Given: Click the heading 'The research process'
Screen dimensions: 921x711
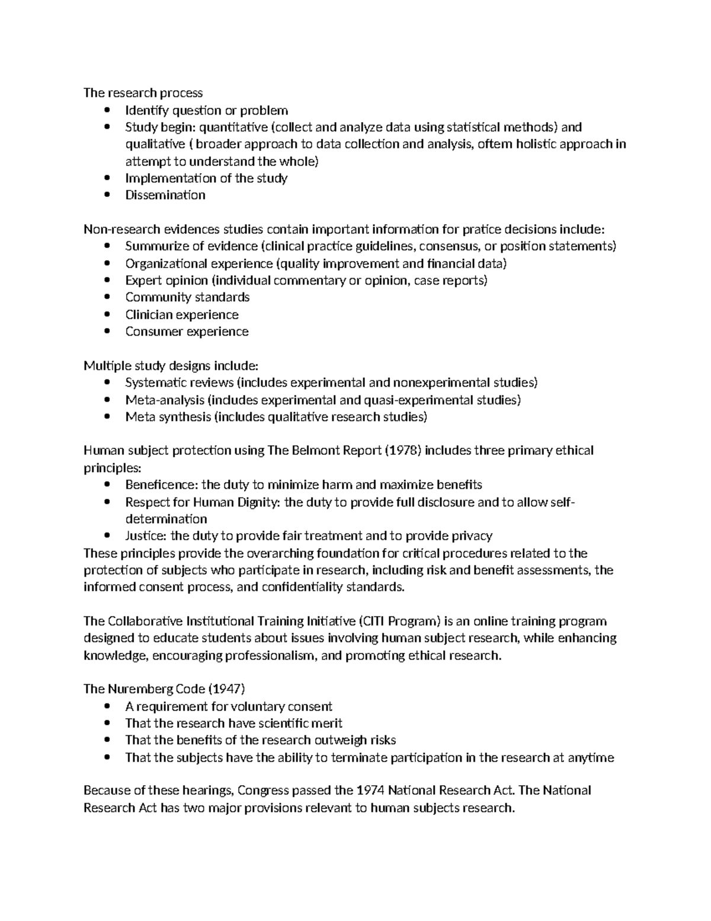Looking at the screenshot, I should (143, 93).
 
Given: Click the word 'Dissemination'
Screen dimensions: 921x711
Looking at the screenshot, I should (165, 195).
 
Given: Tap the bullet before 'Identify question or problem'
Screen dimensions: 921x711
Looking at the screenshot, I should (107, 110).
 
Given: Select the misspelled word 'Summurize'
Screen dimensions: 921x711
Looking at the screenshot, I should (150, 246).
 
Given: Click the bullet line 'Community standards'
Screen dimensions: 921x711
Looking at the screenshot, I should (187, 297).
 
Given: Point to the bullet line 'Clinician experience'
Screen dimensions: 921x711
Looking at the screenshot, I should (181, 314).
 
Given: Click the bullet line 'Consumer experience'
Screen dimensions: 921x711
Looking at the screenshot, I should (187, 332).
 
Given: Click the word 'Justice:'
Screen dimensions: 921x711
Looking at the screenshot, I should (146, 536).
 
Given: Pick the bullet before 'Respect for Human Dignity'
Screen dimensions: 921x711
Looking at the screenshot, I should (107, 502).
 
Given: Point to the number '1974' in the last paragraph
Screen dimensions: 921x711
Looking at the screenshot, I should (371, 791).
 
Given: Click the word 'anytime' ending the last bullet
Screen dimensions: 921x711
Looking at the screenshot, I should (591, 758).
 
